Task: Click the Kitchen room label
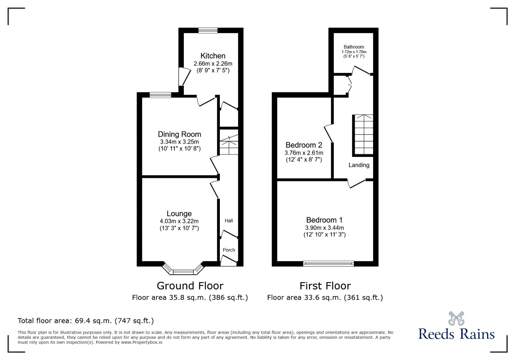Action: (x=213, y=56)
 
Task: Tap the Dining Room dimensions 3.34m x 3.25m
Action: (x=179, y=142)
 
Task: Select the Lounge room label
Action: (x=179, y=214)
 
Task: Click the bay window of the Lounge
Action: (x=183, y=272)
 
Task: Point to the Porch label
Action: (x=229, y=250)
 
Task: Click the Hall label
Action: (x=229, y=221)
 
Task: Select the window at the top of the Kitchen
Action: (x=208, y=31)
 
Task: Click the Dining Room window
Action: (x=160, y=95)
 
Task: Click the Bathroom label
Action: (x=354, y=47)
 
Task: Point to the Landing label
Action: (x=359, y=165)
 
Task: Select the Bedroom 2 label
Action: (x=304, y=145)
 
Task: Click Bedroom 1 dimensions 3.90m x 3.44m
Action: (x=324, y=228)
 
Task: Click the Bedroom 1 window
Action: (x=328, y=264)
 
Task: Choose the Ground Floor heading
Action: (x=190, y=286)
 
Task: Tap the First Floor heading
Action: (x=325, y=286)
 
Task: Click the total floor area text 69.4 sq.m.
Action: (x=86, y=321)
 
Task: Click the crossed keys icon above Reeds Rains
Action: (x=456, y=318)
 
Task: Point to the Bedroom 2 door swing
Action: (x=328, y=133)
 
